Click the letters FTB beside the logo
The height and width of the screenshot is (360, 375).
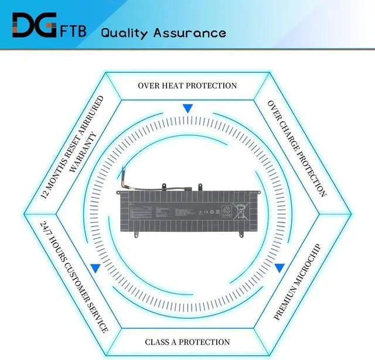[73, 30]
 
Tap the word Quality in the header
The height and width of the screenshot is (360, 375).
[124, 32]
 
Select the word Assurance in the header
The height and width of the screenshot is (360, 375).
[189, 32]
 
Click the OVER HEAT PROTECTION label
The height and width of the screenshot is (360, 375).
[187, 85]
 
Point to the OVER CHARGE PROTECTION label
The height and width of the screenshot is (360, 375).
[296, 148]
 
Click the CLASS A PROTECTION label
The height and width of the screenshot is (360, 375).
[187, 342]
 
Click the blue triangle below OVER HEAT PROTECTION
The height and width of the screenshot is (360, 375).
[187, 108]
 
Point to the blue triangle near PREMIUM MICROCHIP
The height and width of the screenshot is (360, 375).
[279, 268]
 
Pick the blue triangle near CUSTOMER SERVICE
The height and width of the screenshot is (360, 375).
[95, 268]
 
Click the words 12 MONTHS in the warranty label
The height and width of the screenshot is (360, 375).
[54, 179]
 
